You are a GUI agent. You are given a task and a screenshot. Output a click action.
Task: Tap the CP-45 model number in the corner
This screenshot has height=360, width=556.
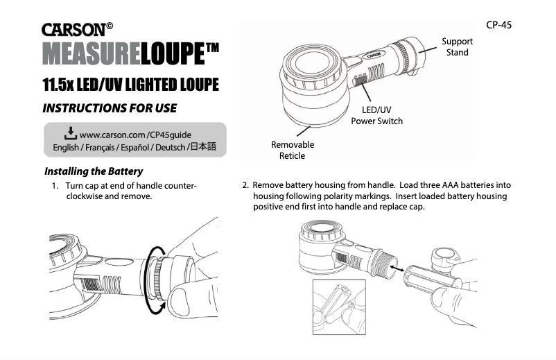coord(498,24)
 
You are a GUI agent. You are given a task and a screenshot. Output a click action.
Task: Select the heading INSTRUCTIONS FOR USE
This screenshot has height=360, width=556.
coord(110,108)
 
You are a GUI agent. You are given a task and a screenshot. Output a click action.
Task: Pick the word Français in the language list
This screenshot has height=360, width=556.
coord(99,147)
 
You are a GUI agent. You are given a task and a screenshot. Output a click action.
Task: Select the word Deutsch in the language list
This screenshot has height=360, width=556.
coord(166,147)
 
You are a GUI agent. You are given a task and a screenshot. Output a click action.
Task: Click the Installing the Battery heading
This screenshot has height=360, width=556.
coord(93,171)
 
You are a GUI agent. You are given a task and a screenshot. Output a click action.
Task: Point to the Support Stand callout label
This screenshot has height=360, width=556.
coord(457,47)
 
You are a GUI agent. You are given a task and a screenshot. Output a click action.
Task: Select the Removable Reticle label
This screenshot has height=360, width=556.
coord(292,150)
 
